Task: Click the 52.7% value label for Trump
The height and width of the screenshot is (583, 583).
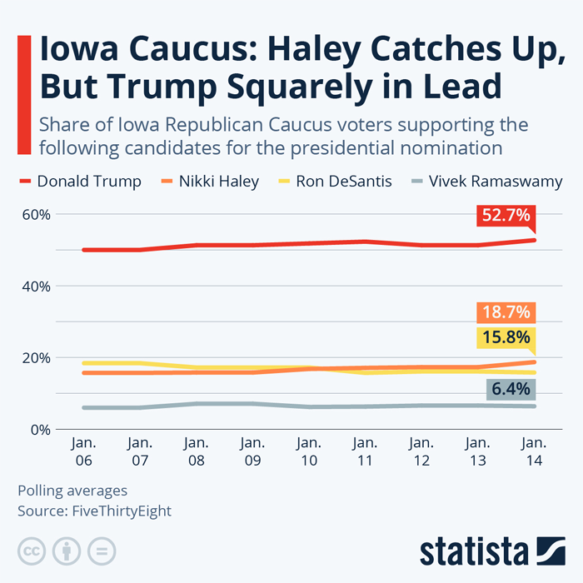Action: (506, 215)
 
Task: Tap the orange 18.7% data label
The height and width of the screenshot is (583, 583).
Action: (506, 312)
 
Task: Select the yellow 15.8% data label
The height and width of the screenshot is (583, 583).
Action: (506, 337)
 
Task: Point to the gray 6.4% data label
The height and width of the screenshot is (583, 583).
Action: (511, 389)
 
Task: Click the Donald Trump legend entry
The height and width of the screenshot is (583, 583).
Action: (80, 182)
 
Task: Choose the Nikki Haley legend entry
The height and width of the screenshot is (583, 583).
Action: (210, 182)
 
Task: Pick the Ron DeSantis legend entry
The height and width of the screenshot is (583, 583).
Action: (335, 182)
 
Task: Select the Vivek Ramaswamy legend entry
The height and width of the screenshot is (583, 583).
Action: (487, 182)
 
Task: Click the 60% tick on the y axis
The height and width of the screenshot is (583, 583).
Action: (36, 215)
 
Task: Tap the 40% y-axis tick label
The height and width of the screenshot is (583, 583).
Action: (36, 287)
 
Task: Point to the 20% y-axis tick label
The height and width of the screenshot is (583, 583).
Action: (36, 358)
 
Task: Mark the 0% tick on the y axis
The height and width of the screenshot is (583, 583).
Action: (41, 430)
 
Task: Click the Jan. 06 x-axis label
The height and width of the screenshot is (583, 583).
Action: (83, 451)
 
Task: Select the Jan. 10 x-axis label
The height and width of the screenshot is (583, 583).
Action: (309, 451)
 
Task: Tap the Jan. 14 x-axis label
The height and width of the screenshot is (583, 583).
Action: (535, 451)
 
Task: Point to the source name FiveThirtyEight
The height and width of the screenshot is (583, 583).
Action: (122, 511)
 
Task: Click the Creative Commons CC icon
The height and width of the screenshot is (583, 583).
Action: (32, 551)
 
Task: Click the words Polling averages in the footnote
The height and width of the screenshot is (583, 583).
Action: (72, 491)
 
